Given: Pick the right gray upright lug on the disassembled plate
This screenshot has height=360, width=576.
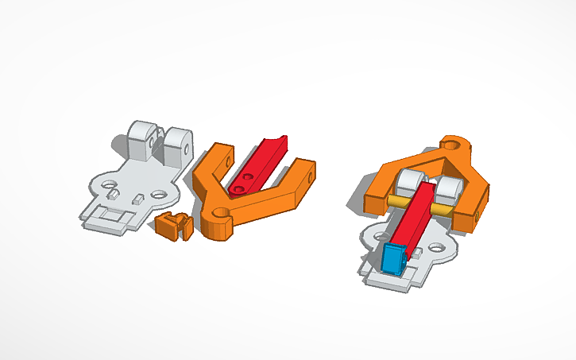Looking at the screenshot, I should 177,142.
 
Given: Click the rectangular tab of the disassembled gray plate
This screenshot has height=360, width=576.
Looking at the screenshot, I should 109,219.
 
